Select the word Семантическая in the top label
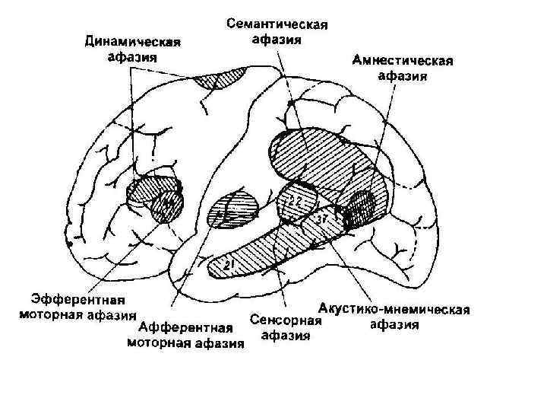tap(277, 25)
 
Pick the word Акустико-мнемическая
tap(394, 311)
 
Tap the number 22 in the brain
tap(294, 200)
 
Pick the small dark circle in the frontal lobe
tap(166, 205)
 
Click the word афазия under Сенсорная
tap(286, 336)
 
